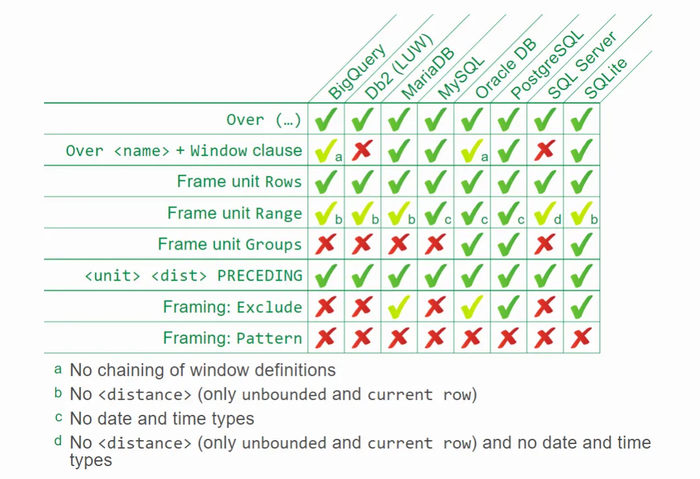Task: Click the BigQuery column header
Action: point(356,71)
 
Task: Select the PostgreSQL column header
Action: point(547,65)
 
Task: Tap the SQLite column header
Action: point(605,78)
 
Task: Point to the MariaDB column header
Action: point(427,73)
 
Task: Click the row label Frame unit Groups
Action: point(230,244)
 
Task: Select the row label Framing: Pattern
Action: point(233,338)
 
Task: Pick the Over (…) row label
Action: point(263,120)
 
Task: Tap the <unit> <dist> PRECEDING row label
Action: point(193,275)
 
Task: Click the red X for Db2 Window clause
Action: point(362,150)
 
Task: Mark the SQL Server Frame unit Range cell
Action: point(545,213)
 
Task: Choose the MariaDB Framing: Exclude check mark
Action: point(399,306)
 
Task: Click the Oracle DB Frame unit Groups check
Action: point(472,244)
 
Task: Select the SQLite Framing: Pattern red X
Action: point(581,338)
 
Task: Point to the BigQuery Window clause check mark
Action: point(326,150)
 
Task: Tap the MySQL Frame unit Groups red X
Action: point(436,244)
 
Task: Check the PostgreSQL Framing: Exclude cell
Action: point(509,306)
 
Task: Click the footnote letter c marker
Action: point(58,417)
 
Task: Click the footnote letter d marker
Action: point(58,441)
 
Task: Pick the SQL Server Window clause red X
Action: point(544,150)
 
